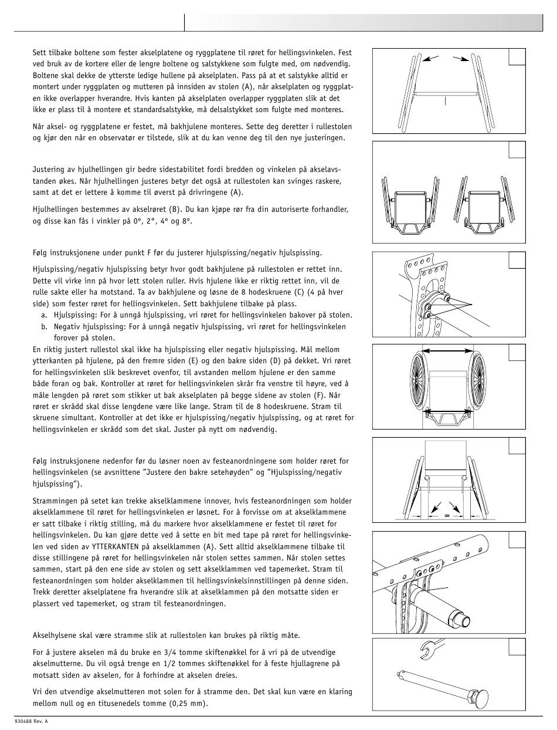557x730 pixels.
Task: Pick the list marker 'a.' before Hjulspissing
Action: pyautogui.click(x=45, y=315)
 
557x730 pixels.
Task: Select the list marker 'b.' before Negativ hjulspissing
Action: pyautogui.click(x=45, y=327)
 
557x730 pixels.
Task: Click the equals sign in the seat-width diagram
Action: pyautogui.click(x=447, y=516)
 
